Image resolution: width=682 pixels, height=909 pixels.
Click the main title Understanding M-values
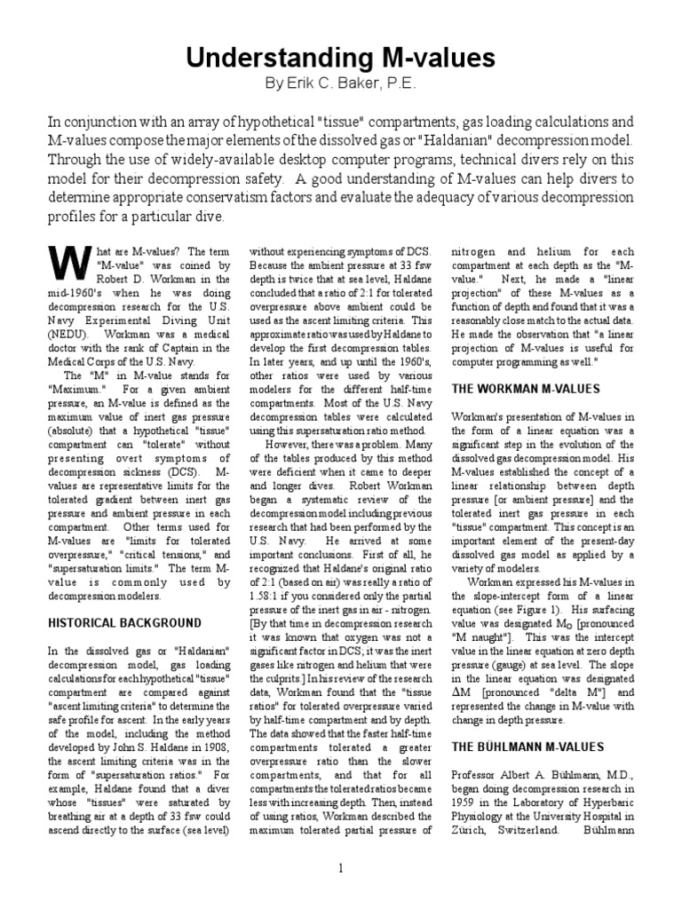[x=340, y=59]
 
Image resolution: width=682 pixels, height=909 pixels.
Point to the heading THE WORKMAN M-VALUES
[x=513, y=389]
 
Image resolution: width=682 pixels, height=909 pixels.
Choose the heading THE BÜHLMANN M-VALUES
[x=517, y=723]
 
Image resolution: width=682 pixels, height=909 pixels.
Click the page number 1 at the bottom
[x=340, y=868]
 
